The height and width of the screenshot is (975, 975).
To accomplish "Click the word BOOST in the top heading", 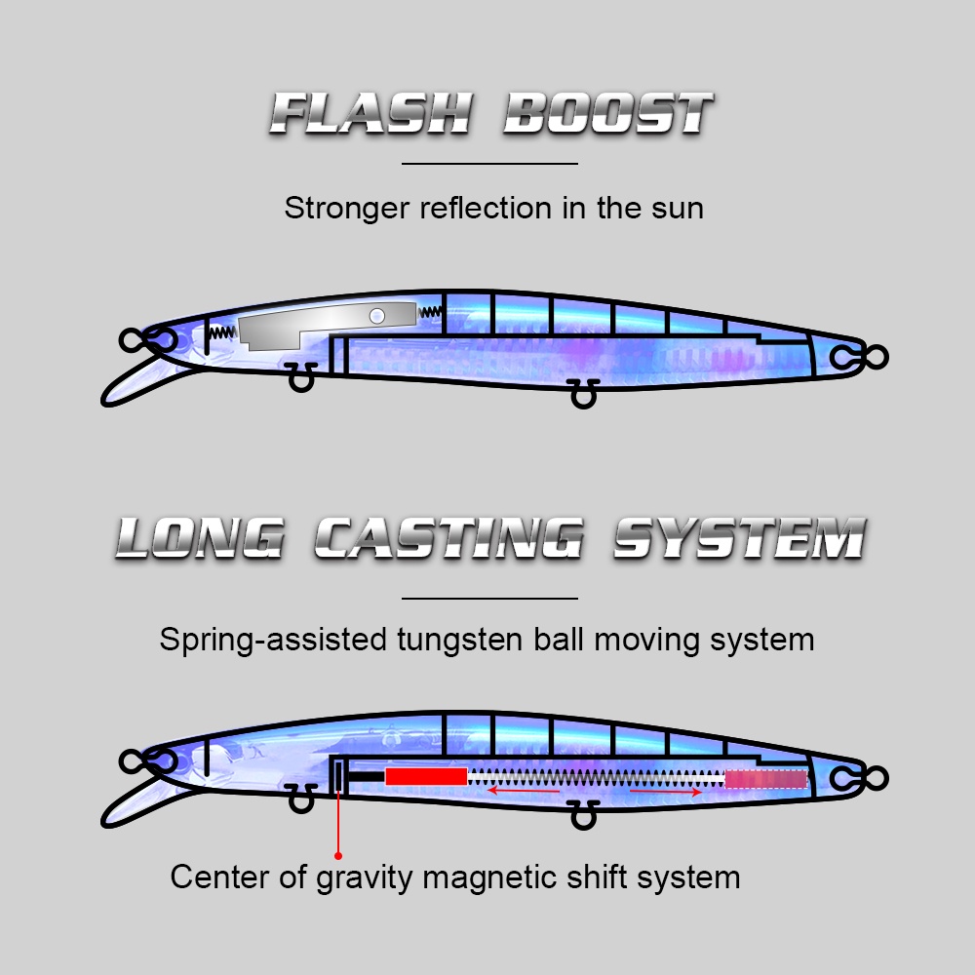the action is (608, 114).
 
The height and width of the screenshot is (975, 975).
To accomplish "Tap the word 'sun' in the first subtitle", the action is (678, 209).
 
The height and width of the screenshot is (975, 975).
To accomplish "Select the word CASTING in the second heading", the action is (448, 538).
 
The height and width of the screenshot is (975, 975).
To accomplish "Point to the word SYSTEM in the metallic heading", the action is (740, 538).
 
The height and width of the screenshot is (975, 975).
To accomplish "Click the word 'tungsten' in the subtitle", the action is (460, 641).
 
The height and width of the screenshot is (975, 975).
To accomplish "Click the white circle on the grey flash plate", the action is (376, 316).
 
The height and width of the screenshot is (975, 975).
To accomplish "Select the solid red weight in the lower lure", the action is (426, 777).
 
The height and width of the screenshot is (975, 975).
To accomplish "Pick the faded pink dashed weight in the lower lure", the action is (766, 779).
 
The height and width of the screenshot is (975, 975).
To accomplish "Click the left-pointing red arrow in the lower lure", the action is (524, 791).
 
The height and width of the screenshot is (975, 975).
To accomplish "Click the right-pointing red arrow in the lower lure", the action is (665, 792).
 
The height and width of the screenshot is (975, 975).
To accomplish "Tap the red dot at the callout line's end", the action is (338, 856).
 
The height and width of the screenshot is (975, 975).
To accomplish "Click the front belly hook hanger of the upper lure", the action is (301, 376).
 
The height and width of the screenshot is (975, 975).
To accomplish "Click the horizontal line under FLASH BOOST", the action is (490, 164).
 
